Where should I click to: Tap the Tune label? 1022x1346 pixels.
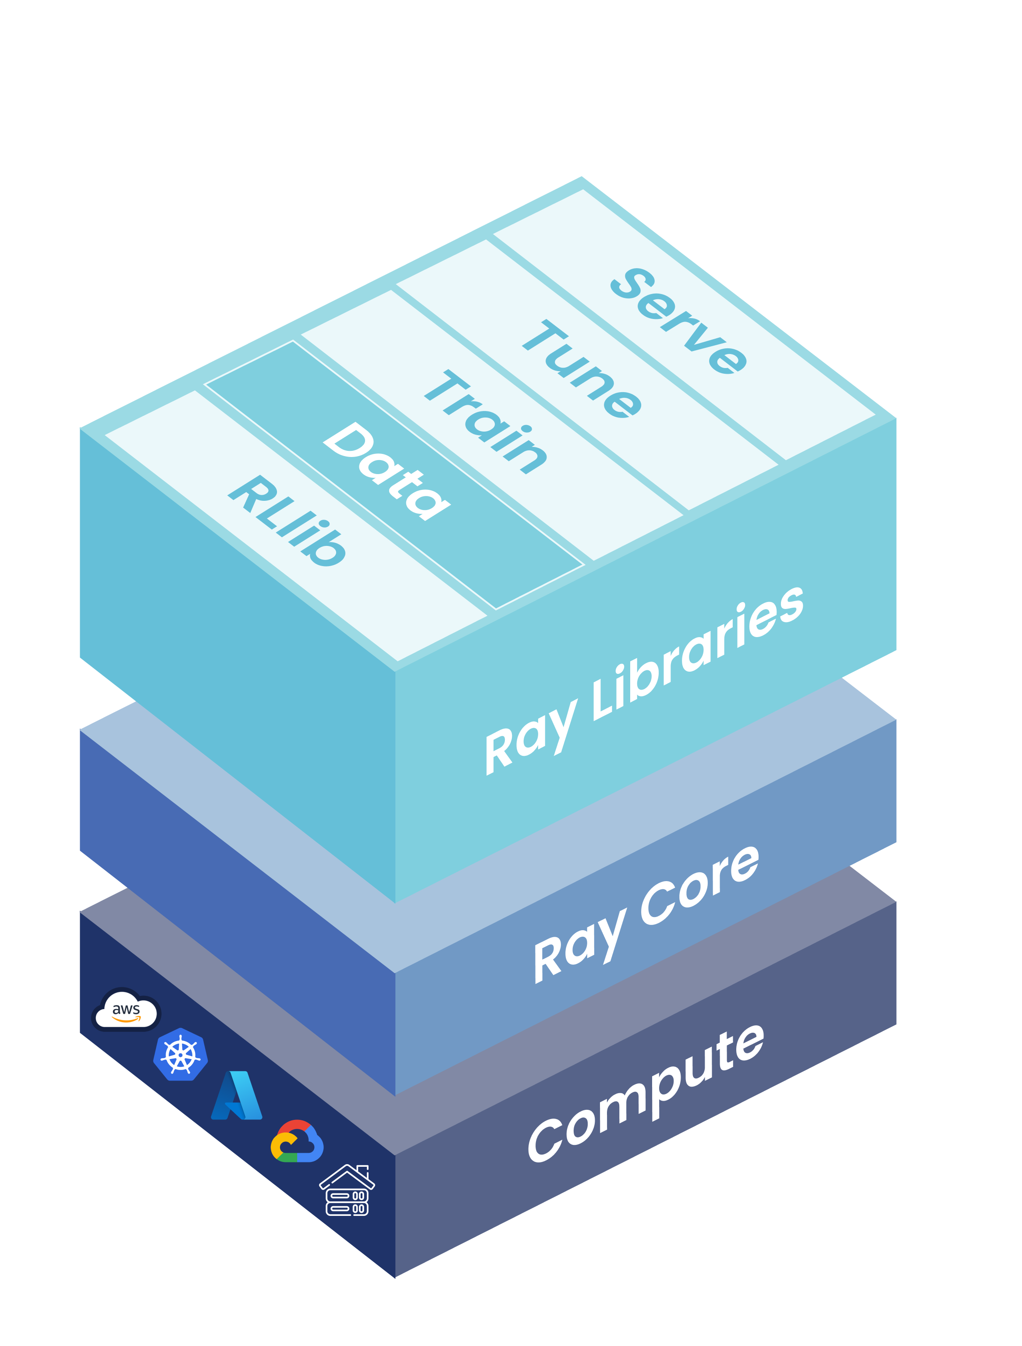[581, 369]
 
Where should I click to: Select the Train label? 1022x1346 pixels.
[485, 421]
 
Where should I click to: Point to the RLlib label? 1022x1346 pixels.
[287, 520]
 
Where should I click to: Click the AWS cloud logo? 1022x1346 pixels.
[126, 1010]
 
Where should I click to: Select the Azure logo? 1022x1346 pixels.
[236, 1096]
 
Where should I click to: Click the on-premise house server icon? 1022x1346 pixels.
[347, 1190]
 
